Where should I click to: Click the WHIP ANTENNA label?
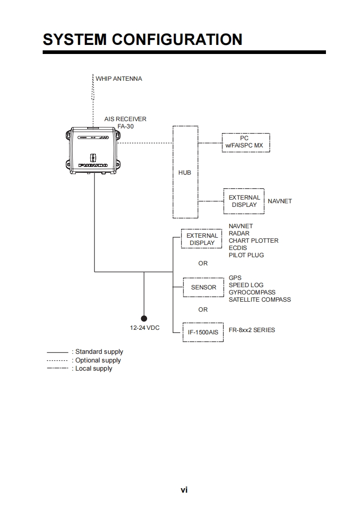point(118,78)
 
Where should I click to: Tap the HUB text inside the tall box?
point(185,173)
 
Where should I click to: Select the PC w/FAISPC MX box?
point(246,142)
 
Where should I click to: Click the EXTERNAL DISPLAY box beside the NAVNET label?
point(244,201)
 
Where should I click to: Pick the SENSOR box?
point(203,288)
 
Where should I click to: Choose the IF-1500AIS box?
point(203,332)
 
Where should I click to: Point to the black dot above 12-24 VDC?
point(144,318)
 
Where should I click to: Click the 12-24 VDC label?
point(145,328)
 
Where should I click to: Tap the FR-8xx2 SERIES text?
point(252,330)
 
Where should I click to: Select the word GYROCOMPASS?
point(252,293)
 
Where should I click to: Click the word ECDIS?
point(238,248)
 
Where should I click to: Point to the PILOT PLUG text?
point(246,255)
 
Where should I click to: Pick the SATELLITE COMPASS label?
point(260,300)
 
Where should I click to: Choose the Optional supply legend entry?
point(98,361)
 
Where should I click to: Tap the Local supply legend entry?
point(94,369)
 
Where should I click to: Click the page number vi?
point(184,490)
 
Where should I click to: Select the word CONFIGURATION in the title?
point(177,39)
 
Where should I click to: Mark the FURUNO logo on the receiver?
point(93,166)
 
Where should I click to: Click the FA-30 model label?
point(126,127)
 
